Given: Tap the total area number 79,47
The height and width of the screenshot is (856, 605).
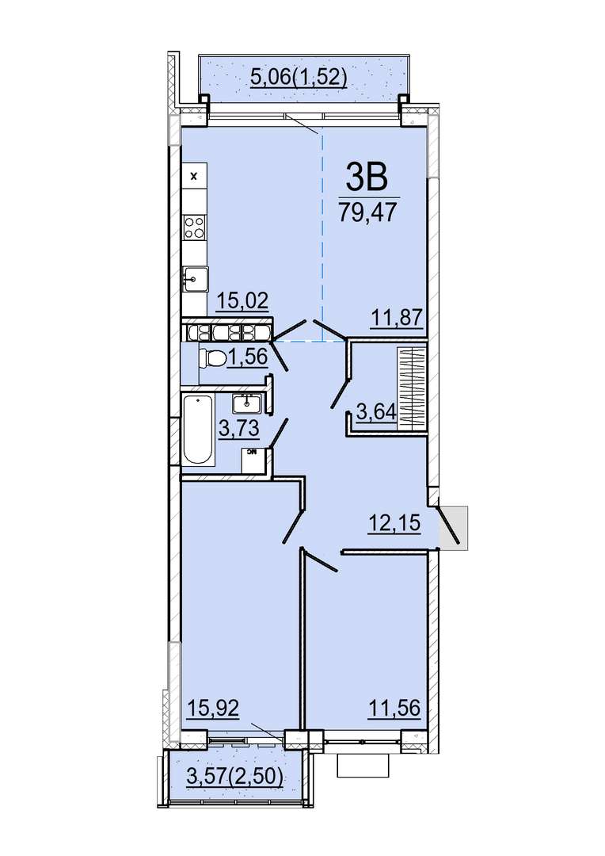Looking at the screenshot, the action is (x=367, y=212).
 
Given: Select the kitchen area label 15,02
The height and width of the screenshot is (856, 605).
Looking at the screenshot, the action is (x=243, y=300).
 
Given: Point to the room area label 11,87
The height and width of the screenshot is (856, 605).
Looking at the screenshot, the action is (x=398, y=316).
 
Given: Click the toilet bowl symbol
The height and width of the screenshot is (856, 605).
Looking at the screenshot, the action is (x=213, y=359).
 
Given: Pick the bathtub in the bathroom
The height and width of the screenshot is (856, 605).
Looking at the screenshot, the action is (x=197, y=430).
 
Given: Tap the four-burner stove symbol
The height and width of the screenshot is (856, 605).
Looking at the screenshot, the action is (x=195, y=227).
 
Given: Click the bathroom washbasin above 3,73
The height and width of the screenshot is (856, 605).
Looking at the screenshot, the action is (x=247, y=403).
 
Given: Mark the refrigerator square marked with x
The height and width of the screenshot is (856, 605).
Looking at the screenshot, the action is (x=194, y=176).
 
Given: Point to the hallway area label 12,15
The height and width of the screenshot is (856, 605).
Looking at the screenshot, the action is (x=394, y=523).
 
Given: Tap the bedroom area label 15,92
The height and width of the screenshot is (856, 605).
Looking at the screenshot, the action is (x=213, y=708).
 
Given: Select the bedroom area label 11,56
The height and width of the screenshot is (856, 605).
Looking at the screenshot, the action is (x=394, y=708).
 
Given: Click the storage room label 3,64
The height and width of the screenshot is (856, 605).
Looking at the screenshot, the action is (x=376, y=411).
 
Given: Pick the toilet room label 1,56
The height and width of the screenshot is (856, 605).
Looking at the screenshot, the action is (x=248, y=357).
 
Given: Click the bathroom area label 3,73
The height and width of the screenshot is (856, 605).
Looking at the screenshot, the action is (x=238, y=429).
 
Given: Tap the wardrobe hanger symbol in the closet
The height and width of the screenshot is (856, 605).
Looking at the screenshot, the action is (x=412, y=388).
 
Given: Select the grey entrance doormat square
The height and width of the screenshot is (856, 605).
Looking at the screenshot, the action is (x=454, y=527).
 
